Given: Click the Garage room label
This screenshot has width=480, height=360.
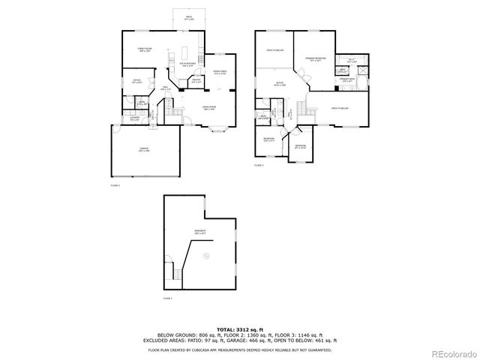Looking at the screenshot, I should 144,151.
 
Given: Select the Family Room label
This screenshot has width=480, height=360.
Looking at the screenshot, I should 145,49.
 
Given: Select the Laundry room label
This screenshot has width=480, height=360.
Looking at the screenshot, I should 134,118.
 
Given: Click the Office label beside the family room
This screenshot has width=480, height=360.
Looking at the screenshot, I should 136,81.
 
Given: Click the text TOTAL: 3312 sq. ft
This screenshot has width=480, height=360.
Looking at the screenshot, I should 240,328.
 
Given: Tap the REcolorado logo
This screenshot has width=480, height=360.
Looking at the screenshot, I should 451,352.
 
